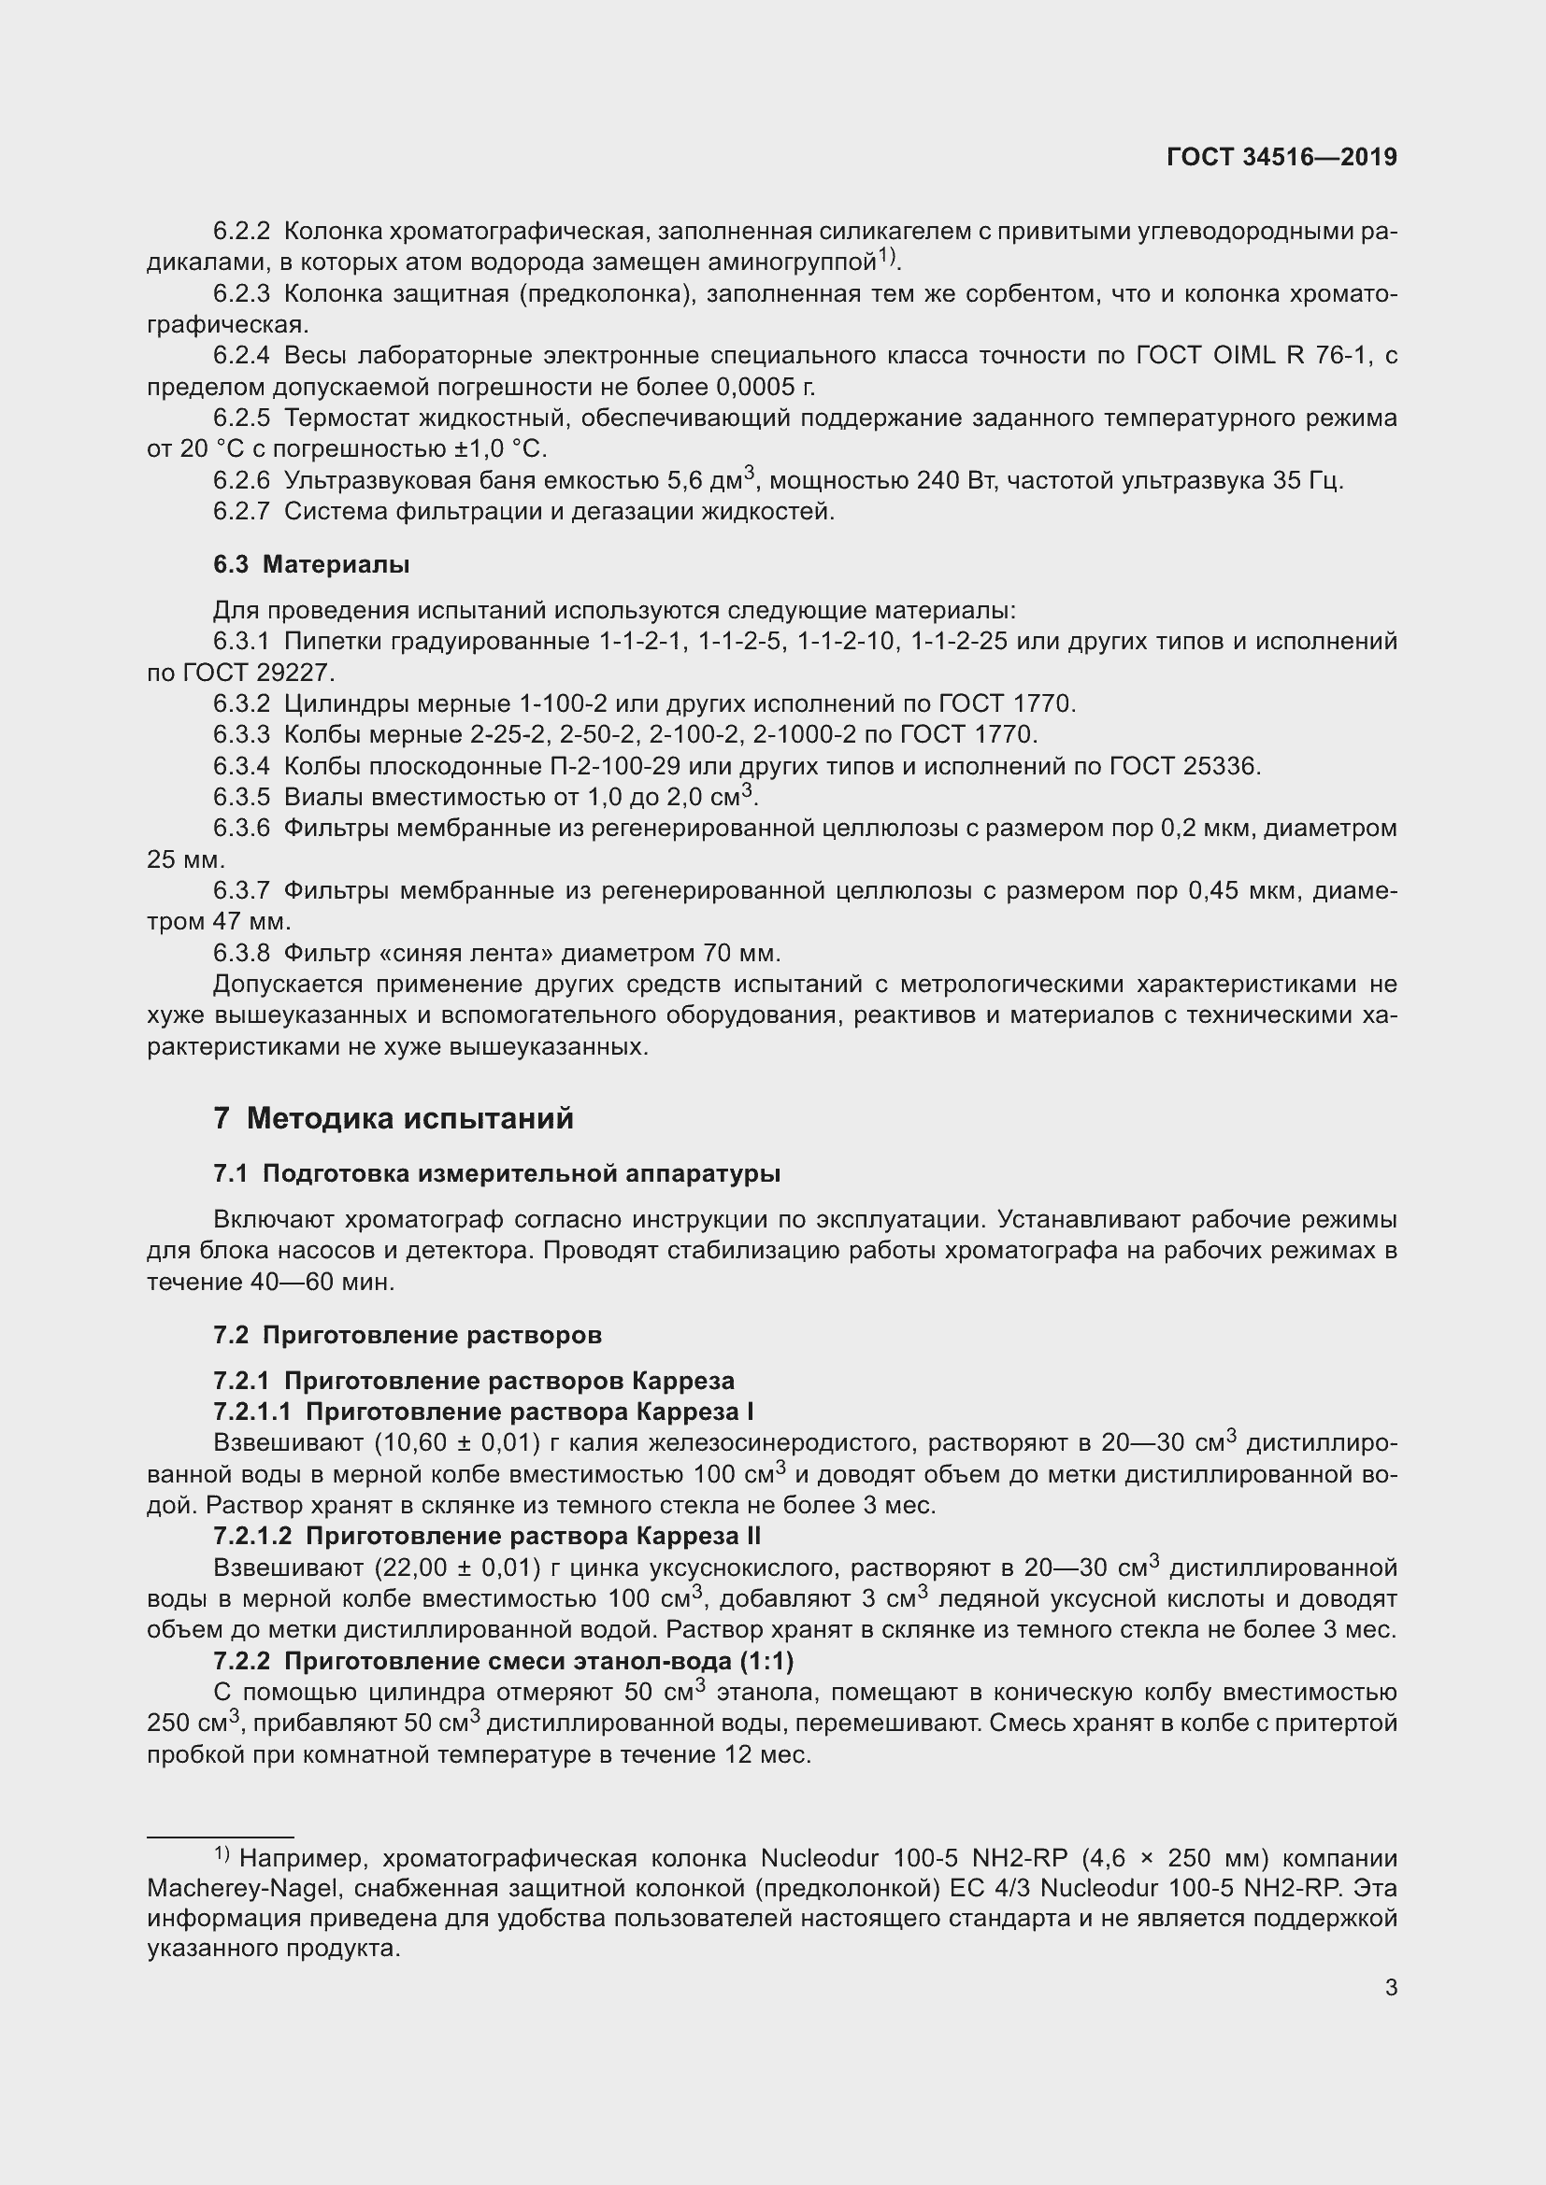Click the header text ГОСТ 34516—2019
[x=1281, y=157]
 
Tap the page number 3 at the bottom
[x=1391, y=1987]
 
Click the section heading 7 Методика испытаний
[x=394, y=1118]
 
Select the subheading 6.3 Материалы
[x=311, y=564]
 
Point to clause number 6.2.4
[x=242, y=356]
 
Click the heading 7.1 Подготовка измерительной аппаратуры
[x=497, y=1173]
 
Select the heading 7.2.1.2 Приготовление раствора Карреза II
[x=486, y=1536]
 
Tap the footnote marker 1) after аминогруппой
[x=887, y=255]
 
